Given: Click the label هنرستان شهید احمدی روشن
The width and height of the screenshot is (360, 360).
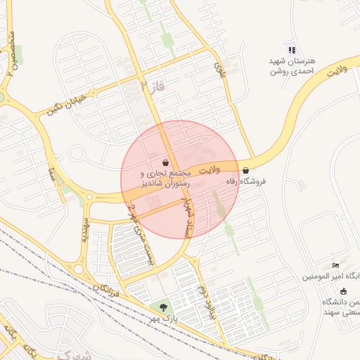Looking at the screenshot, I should point(292,65).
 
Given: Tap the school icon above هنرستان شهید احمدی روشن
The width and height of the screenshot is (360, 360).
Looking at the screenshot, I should point(291,49).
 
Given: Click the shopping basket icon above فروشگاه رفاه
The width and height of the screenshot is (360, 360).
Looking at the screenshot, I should point(245,170).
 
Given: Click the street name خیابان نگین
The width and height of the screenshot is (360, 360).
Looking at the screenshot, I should point(66,103).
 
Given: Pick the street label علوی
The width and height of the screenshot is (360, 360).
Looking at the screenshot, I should point(220,70).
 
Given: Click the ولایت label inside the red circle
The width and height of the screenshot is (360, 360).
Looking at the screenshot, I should point(210,171).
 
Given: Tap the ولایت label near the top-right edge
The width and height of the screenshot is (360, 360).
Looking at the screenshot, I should point(338,69).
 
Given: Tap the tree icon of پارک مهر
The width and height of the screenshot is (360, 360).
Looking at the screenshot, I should point(164,307).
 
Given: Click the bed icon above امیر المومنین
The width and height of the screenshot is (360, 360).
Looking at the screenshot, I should point(335,265).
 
